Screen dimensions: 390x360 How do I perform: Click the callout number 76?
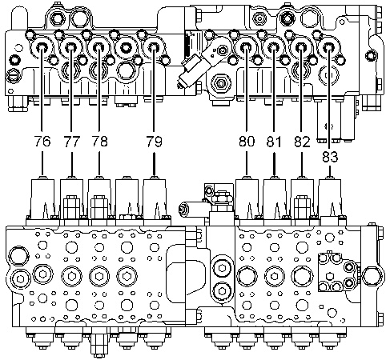pyautogui.click(x=42, y=141)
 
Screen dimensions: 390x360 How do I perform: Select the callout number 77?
pyautogui.click(x=71, y=141)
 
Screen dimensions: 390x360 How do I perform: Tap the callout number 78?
pyautogui.click(x=99, y=141)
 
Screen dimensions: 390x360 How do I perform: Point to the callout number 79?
pyautogui.click(x=154, y=141)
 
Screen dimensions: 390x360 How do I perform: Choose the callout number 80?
pyautogui.click(x=247, y=141)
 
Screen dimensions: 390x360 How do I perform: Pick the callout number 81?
pyautogui.click(x=274, y=141)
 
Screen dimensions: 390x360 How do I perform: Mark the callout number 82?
pyautogui.click(x=302, y=141)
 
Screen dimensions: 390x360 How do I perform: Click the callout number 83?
pyautogui.click(x=330, y=157)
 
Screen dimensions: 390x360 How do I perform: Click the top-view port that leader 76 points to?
pyautogui.click(x=42, y=48)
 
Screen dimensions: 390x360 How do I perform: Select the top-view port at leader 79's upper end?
pyautogui.click(x=154, y=48)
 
